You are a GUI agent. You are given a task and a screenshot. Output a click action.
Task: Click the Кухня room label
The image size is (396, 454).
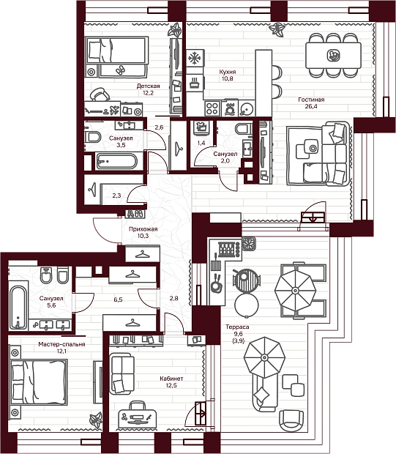pyautogui.click(x=228, y=72)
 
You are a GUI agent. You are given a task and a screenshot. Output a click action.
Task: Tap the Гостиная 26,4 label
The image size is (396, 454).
pyautogui.click(x=311, y=103)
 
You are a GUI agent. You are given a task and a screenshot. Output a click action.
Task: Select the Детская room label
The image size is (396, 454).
pyautogui.click(x=148, y=86)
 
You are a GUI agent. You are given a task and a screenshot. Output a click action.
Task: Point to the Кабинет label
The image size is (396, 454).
pyautogui.click(x=171, y=379)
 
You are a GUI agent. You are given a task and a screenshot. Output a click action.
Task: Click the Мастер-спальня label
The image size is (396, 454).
pyautogui.click(x=61, y=344)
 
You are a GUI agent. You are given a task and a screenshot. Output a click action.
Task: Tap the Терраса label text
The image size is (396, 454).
pyautogui.click(x=237, y=327)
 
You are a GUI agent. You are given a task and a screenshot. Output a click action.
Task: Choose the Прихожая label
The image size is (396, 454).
pyautogui.click(x=143, y=229)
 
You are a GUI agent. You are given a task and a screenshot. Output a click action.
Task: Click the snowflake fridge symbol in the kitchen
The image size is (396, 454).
pyautogui.click(x=195, y=59)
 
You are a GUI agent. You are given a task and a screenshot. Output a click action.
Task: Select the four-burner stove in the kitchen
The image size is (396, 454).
pyautogui.click(x=212, y=108)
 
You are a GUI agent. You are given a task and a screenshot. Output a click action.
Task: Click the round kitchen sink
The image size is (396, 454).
pyautogui.click(x=247, y=109)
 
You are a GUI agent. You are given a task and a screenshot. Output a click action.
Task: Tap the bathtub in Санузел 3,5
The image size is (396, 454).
pyautogui.click(x=116, y=161)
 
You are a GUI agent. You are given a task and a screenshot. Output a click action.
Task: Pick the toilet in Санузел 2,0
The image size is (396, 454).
pyautogui.click(x=244, y=129)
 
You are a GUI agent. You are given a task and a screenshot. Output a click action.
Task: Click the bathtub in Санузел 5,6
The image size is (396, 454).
pyautogui.click(x=18, y=308)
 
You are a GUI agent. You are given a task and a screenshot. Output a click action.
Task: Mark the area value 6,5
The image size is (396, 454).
pyautogui.click(x=118, y=299)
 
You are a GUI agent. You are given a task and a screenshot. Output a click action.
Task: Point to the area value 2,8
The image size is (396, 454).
pyautogui.click(x=173, y=298)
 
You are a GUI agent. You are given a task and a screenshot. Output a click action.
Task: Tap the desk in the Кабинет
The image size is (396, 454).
pyautogui.click(x=137, y=415)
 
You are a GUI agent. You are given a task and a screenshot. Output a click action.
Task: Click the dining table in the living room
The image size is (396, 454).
pyautogui.click(x=333, y=56)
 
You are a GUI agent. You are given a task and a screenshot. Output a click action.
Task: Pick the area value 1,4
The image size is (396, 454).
pyautogui.click(x=201, y=143)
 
